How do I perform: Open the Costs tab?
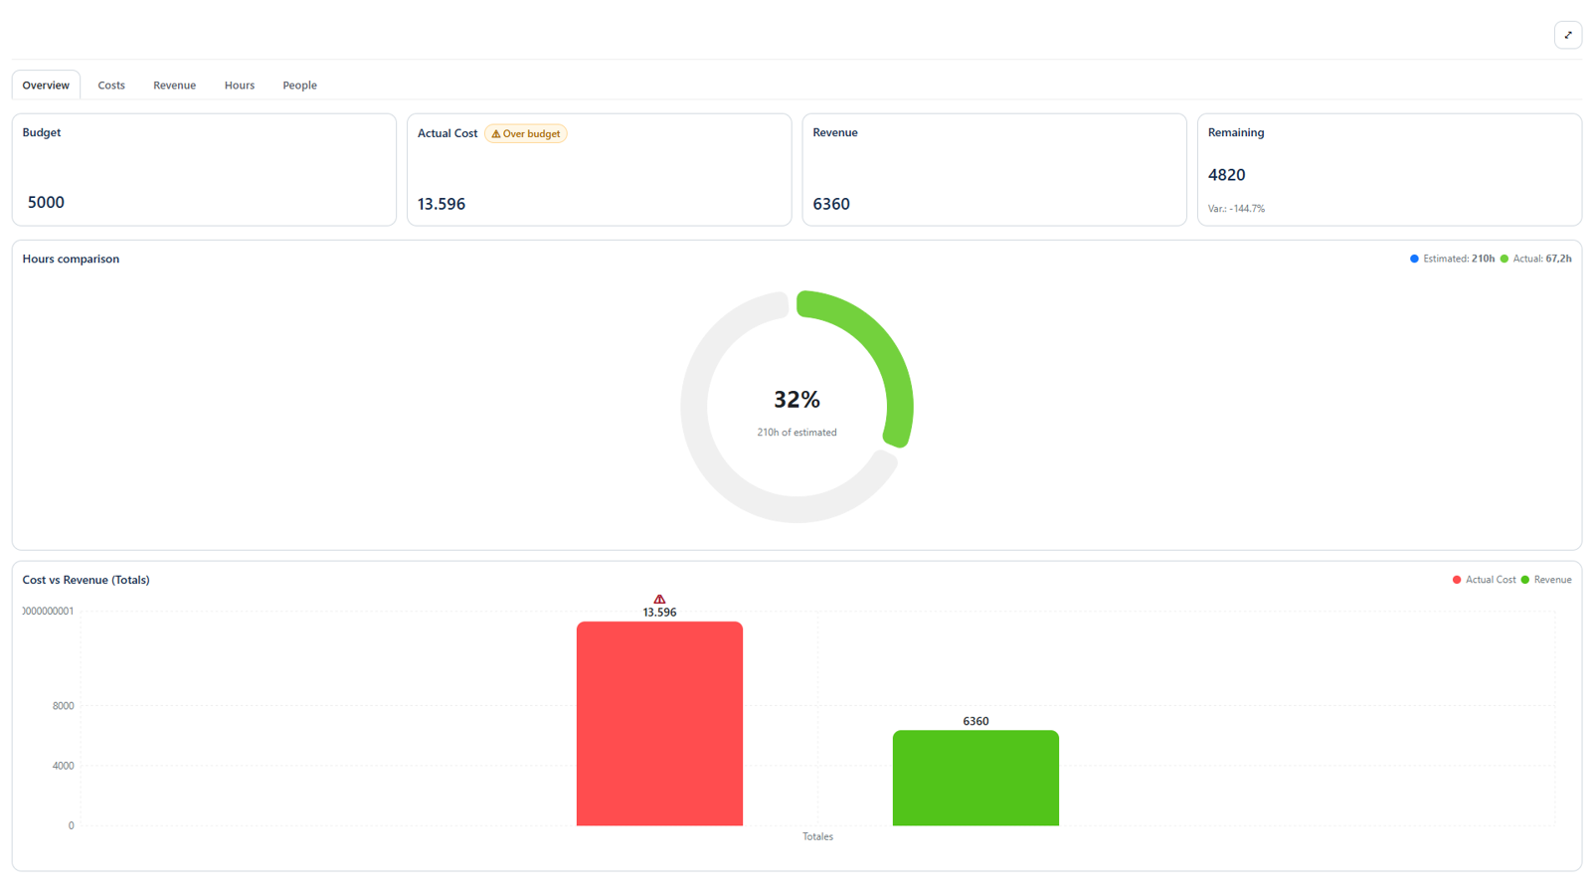(x=111, y=86)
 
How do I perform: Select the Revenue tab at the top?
(x=174, y=86)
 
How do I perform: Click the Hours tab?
(x=239, y=86)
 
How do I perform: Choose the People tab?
(x=299, y=86)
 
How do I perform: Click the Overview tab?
(x=46, y=86)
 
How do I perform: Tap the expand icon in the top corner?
(x=1567, y=35)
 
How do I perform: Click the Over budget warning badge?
(x=526, y=133)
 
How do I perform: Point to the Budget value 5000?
(x=46, y=202)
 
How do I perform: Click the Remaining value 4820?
(x=1226, y=175)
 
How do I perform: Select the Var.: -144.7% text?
(x=1236, y=209)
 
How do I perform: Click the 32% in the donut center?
(x=797, y=400)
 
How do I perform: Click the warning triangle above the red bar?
(x=659, y=599)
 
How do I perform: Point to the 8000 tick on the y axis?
(x=63, y=706)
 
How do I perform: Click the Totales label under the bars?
(x=817, y=836)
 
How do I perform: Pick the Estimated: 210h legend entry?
(x=1452, y=259)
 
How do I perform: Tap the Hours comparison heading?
(x=71, y=259)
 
